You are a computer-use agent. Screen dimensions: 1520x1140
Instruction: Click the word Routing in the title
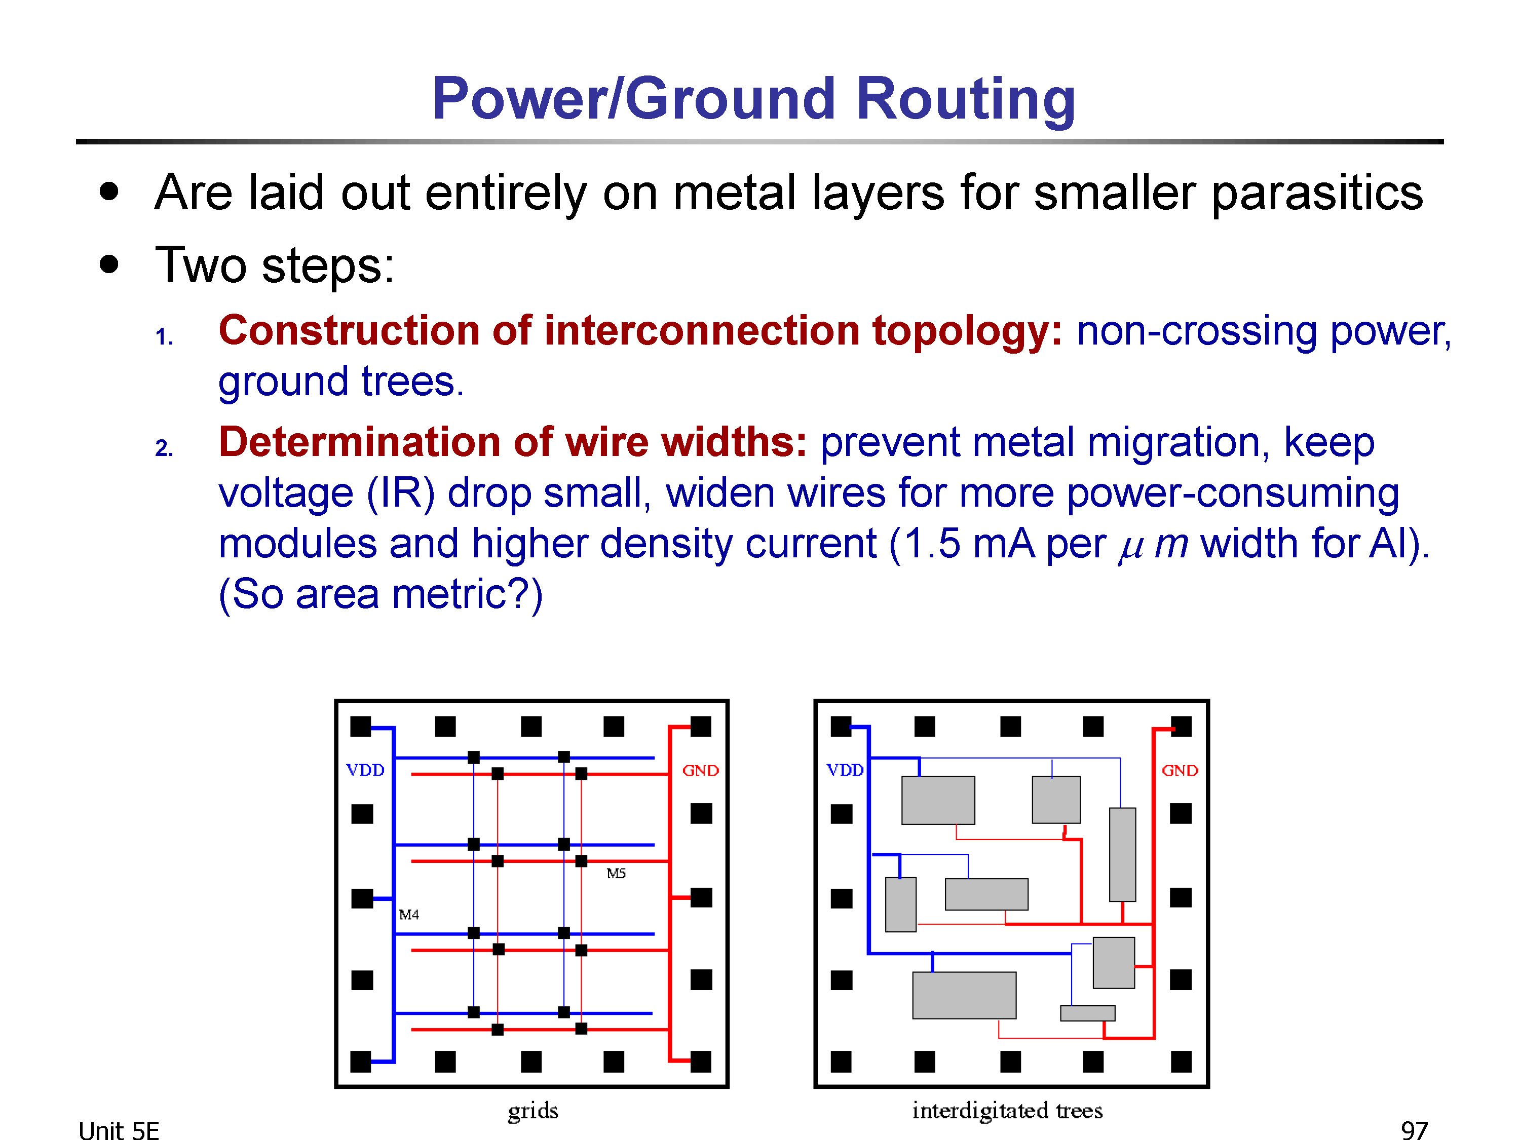point(966,100)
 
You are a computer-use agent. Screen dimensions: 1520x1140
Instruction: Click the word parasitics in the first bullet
point(1317,194)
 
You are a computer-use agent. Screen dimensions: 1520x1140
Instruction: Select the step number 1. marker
point(164,337)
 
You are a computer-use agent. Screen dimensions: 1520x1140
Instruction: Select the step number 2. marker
point(164,448)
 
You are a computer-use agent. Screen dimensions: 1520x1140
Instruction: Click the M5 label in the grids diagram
point(616,873)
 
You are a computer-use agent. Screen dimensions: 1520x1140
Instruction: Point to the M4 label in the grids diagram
point(409,915)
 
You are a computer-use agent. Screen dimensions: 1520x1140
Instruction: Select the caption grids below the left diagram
point(533,1111)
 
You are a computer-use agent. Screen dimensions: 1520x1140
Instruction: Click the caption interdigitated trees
point(1007,1111)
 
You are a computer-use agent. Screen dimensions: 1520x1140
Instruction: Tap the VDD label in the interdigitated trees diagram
point(845,770)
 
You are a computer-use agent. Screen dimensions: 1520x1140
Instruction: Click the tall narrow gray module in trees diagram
point(1122,854)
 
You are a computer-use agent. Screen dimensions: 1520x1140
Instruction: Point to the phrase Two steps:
point(275,266)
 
